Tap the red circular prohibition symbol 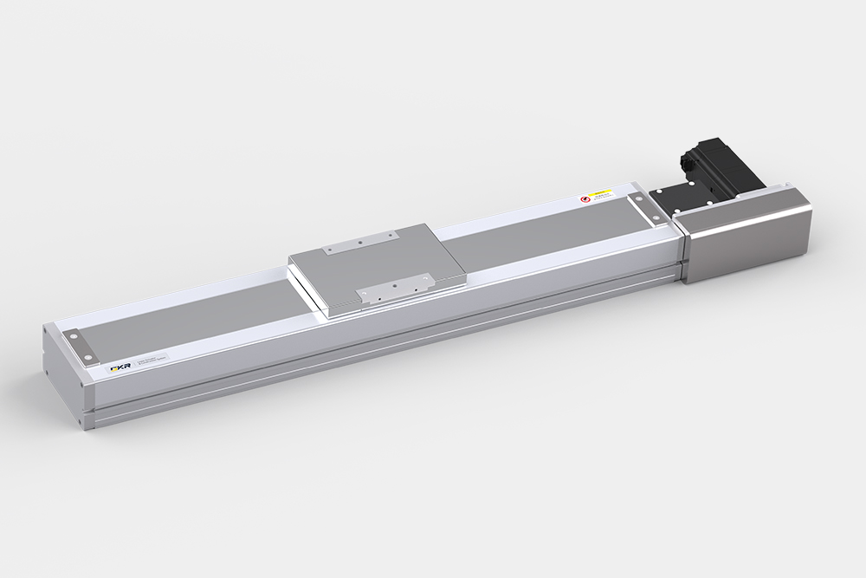click(585, 199)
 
